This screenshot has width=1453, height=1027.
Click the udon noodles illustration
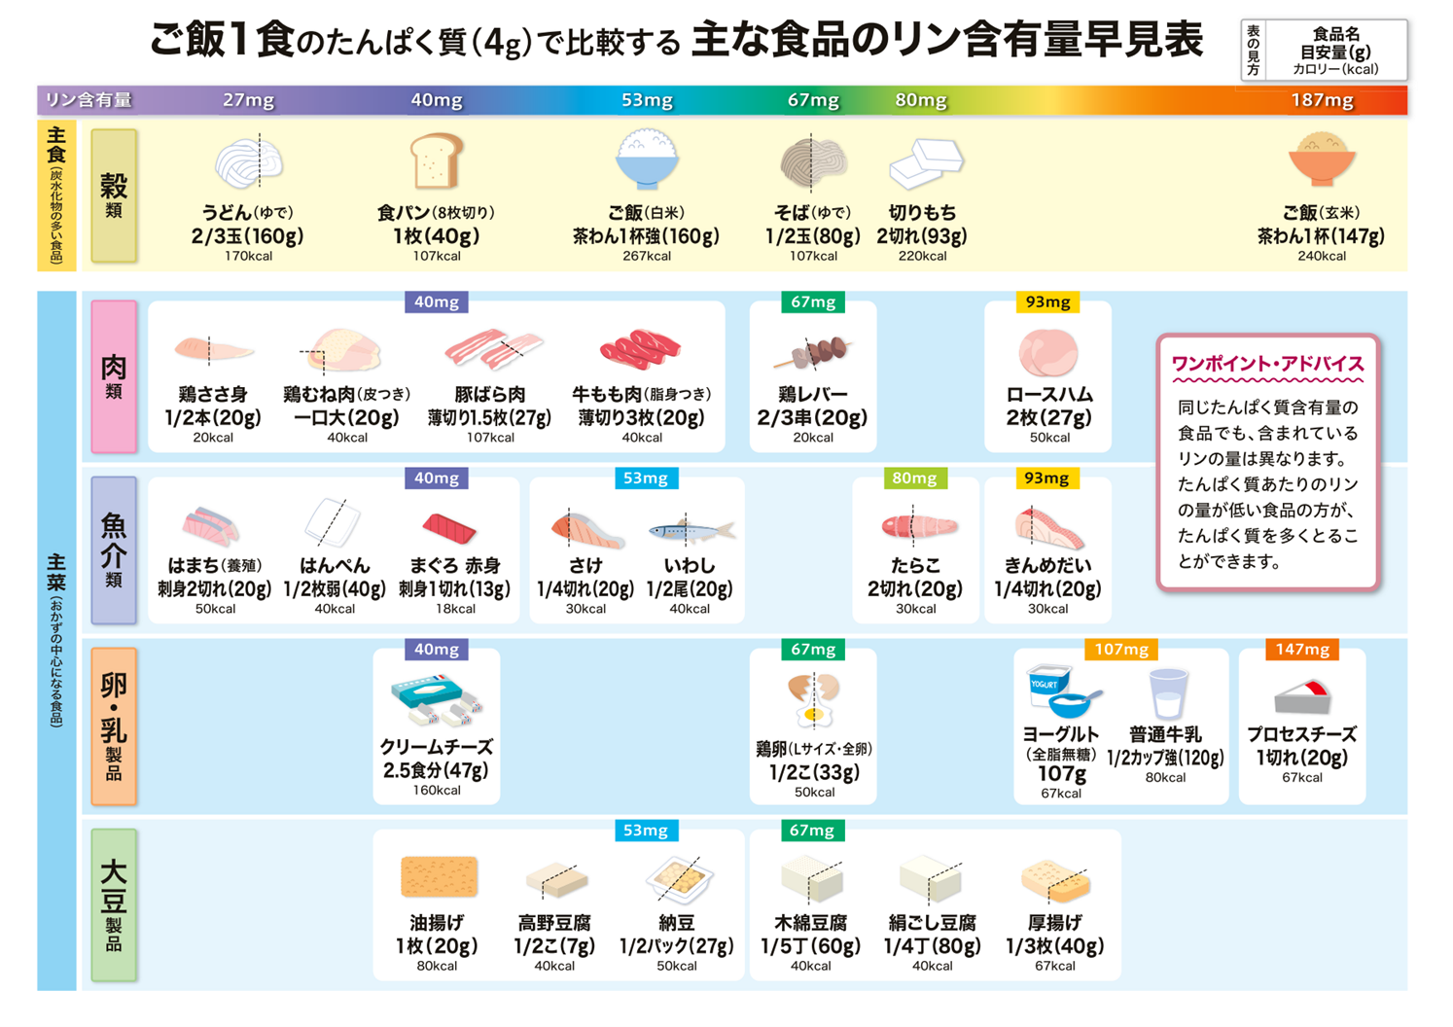tap(249, 161)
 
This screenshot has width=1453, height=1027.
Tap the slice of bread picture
tap(435, 161)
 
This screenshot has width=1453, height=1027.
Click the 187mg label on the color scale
tap(1321, 100)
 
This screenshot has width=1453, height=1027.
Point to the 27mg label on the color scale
tap(248, 100)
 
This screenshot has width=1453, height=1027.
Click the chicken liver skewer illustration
tap(812, 354)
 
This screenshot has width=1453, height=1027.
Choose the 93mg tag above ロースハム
tap(1046, 302)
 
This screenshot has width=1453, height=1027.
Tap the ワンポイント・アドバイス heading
tap(1267, 364)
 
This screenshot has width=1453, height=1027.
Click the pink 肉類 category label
tap(114, 376)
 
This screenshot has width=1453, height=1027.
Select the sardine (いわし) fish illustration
tap(690, 530)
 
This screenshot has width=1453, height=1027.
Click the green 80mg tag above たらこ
tap(914, 478)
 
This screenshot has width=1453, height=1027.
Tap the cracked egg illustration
tap(813, 699)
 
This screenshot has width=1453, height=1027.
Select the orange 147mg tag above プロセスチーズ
tap(1301, 650)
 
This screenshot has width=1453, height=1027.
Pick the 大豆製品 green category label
tap(114, 904)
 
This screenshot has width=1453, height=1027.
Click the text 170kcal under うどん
tap(248, 257)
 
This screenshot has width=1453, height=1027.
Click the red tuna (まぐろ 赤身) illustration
tap(449, 528)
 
